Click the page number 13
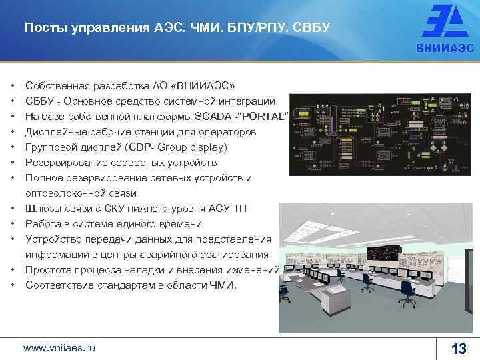(458, 349)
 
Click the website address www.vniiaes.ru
(59, 347)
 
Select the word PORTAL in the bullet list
(266, 117)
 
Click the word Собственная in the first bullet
(55, 86)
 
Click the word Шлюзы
(41, 209)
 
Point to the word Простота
(47, 270)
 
